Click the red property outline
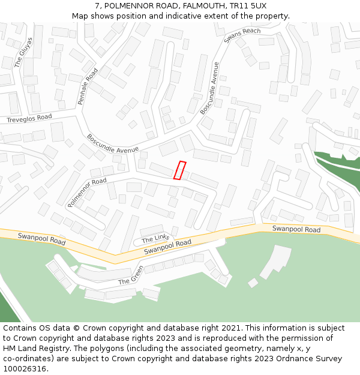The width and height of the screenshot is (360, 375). pos(179,170)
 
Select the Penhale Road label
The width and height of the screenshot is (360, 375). pos(88,87)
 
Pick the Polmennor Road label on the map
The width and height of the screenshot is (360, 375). pos(87,192)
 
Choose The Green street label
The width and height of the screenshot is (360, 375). pos(131,274)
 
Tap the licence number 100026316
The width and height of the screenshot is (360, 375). pos(25,369)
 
